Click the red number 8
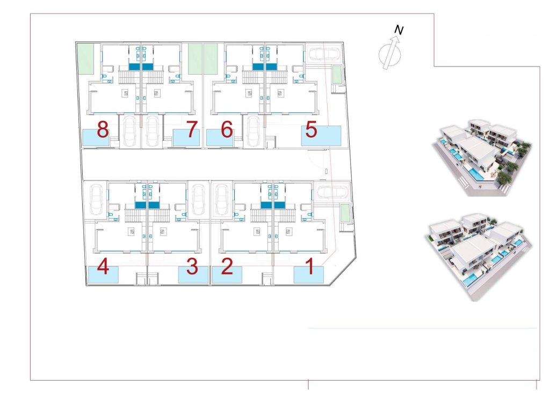pyautogui.click(x=103, y=129)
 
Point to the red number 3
pyautogui.click(x=192, y=267)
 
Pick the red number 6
pyautogui.click(x=227, y=129)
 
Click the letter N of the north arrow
pyautogui.click(x=399, y=31)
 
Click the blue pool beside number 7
pyautogui.click(x=185, y=137)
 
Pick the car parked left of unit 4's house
pyautogui.click(x=97, y=198)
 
